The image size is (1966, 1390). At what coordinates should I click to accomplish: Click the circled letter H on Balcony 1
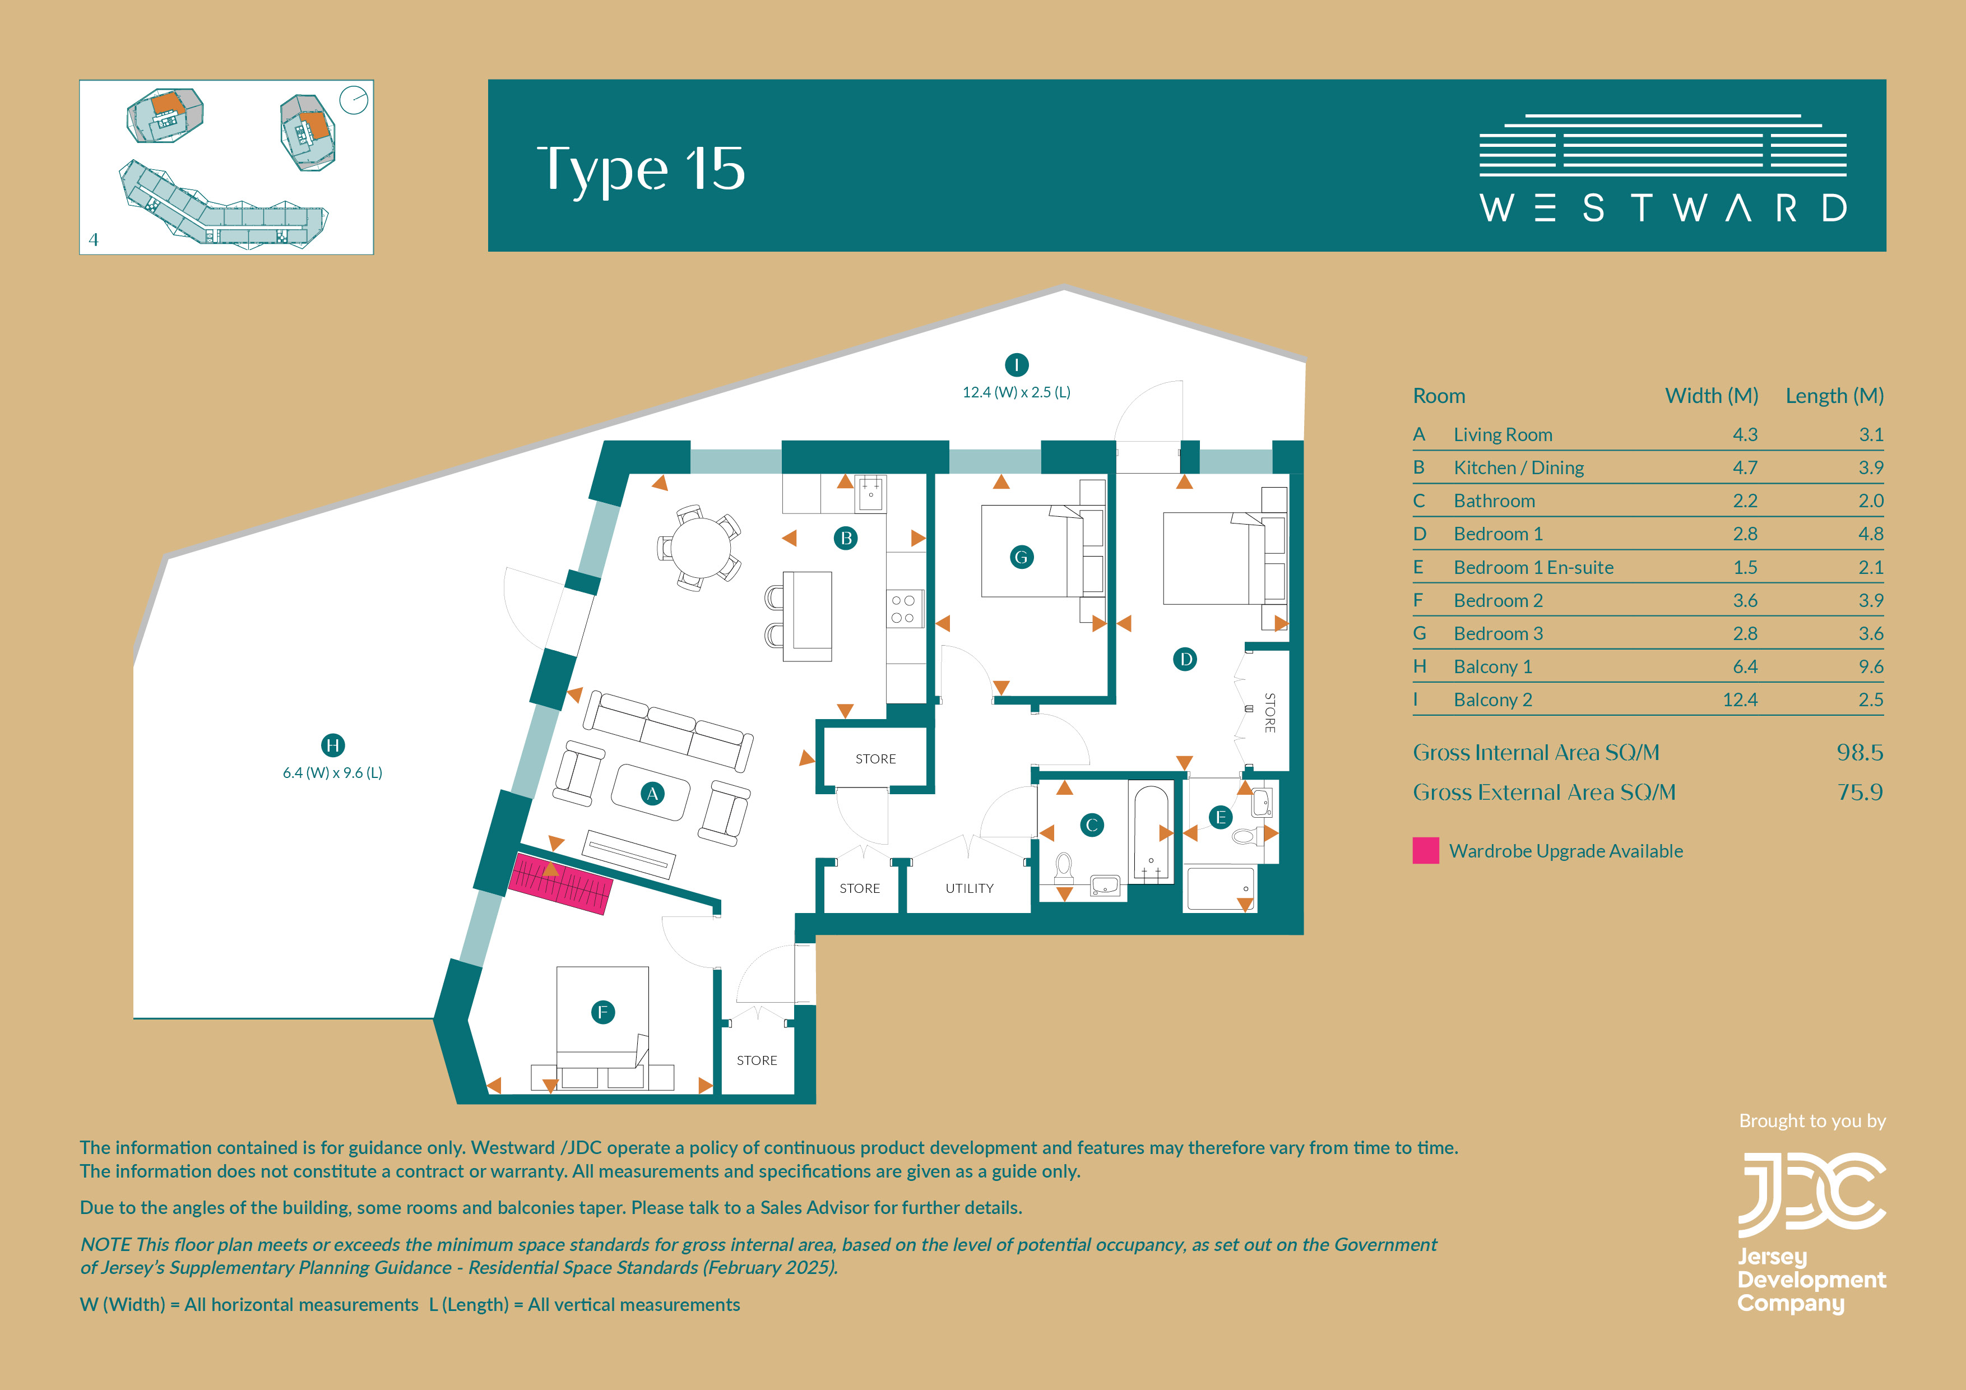[333, 745]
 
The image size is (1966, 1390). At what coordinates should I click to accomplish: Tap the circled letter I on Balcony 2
[1017, 365]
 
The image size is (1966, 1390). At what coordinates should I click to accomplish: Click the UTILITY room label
[970, 888]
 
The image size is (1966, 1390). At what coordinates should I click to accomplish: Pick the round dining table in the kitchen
[701, 548]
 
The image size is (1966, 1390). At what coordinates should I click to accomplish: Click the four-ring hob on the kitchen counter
[903, 608]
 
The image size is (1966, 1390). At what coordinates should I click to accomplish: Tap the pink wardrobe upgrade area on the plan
[561, 883]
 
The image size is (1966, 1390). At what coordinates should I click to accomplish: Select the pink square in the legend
[1426, 850]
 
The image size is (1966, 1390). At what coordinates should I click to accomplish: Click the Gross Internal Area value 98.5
[1860, 753]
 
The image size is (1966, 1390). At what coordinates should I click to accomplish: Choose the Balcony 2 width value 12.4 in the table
[1740, 699]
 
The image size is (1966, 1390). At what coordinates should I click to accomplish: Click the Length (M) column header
[1834, 396]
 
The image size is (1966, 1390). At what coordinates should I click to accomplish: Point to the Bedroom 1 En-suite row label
[1533, 567]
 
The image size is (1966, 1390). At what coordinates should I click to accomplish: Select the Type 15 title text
[641, 169]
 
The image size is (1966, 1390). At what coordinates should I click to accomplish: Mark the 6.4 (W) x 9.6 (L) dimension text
[332, 772]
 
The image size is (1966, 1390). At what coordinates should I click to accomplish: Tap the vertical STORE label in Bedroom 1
[1270, 712]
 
